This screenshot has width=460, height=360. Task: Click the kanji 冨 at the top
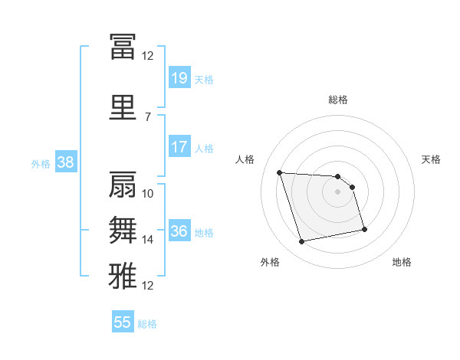[x=123, y=46]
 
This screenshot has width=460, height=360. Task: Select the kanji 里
[x=123, y=107]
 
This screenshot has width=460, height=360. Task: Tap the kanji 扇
[x=123, y=185]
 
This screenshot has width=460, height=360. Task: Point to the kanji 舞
[x=123, y=230]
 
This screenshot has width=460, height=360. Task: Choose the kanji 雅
[x=123, y=276]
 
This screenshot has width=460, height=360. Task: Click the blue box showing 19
[x=180, y=77]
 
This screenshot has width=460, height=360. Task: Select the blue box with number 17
[x=180, y=146]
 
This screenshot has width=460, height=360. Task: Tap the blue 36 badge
[x=180, y=230]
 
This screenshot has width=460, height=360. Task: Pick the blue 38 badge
[x=66, y=162]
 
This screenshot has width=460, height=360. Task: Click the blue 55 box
[x=123, y=321]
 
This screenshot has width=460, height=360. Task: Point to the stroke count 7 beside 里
[x=148, y=117]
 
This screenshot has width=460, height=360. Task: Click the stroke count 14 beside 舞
[x=147, y=240]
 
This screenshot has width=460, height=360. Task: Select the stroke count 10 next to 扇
[x=147, y=194]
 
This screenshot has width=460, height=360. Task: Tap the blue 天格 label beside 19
[x=204, y=80]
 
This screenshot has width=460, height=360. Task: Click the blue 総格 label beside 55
[x=147, y=324]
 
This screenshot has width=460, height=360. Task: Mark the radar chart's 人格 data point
[x=280, y=172]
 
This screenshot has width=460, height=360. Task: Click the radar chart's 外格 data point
[x=301, y=242]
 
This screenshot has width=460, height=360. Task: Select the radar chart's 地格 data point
[x=364, y=230]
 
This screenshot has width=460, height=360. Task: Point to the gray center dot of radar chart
[x=337, y=191]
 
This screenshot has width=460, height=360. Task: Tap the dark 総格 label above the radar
[x=338, y=100]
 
